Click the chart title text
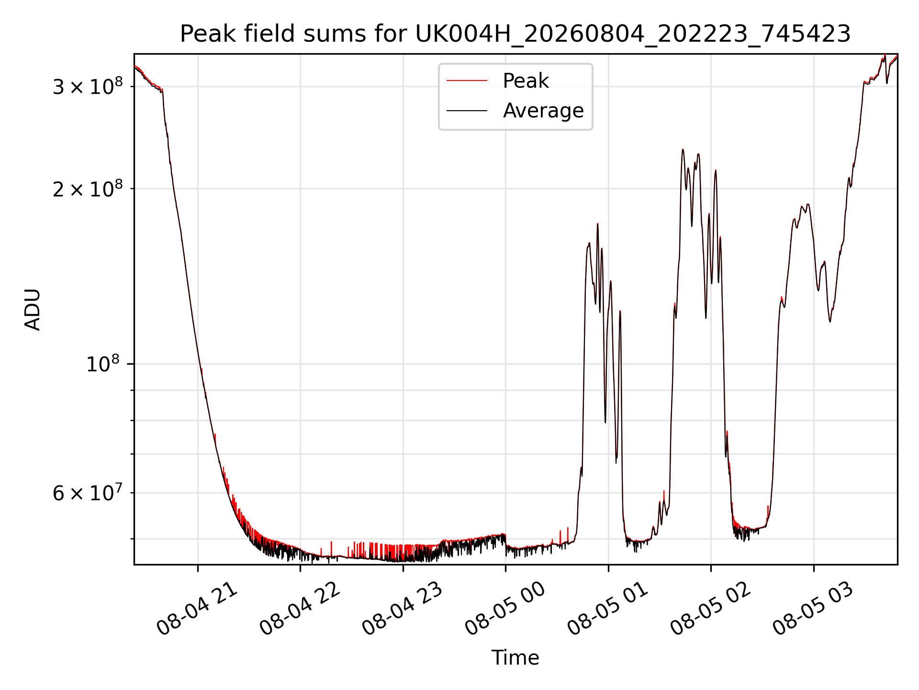point(515,34)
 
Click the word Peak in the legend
point(526,81)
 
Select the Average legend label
point(543,111)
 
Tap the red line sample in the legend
point(467,81)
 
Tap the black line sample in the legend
point(467,111)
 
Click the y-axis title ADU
point(33,309)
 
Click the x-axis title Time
point(515,658)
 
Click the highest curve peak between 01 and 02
point(683,149)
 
